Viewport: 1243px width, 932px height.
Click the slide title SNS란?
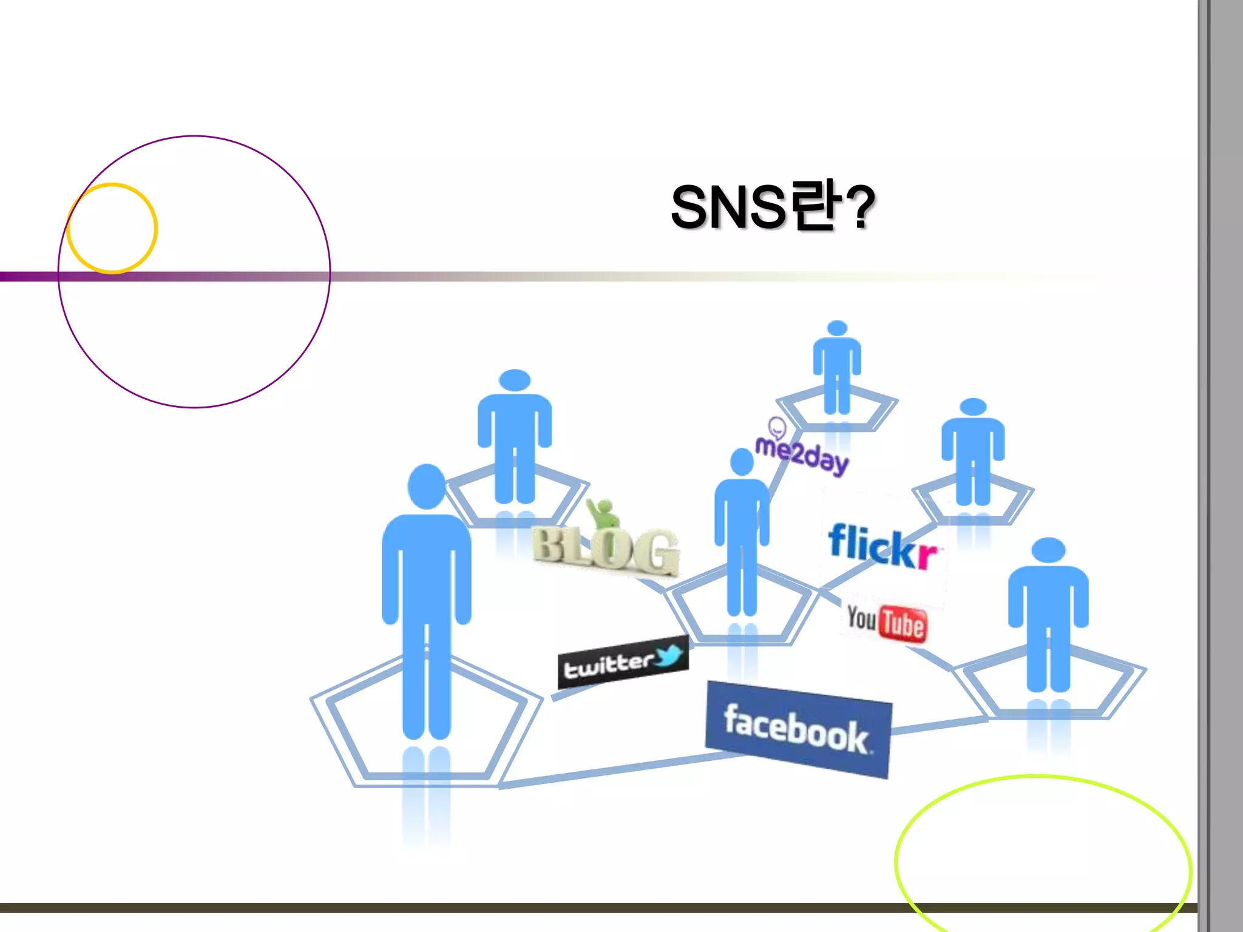click(772, 208)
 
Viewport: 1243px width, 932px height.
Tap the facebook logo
click(798, 730)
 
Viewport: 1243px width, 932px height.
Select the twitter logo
click(623, 663)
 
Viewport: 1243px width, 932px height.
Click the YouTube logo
click(887, 622)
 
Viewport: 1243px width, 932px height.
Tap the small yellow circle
click(112, 228)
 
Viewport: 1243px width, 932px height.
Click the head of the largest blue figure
click(427, 486)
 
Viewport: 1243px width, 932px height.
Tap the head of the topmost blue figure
click(837, 328)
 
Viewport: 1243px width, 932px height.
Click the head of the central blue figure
click(742, 462)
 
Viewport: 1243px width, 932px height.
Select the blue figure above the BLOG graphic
click(515, 437)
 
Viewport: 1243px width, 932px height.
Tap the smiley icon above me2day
click(777, 428)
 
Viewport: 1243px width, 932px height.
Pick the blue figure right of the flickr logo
click(973, 452)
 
